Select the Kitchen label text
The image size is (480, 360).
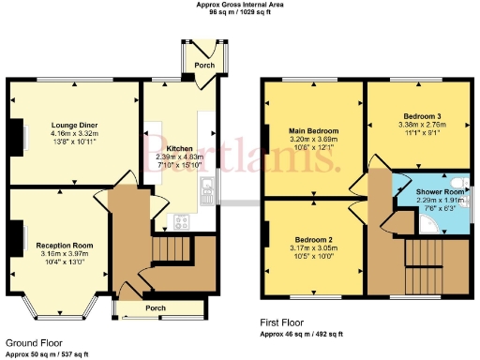180,148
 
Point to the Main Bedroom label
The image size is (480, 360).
314,131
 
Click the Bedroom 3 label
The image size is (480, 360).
413,114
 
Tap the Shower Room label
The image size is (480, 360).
434,190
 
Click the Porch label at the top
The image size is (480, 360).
205,66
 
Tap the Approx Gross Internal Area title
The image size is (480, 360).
240,5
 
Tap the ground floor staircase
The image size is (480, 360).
170,249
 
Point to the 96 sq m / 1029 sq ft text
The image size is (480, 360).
240,13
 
